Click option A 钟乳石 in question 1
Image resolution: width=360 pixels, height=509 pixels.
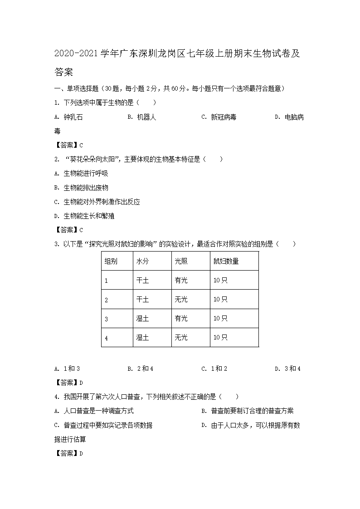click(68, 117)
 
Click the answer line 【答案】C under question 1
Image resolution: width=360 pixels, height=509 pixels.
click(68, 145)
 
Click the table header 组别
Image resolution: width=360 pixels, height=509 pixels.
click(111, 261)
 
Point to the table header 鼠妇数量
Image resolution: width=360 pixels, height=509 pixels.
click(226, 261)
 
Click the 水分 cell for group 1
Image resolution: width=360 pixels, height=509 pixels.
click(142, 280)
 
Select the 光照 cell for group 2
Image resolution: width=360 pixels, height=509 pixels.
click(181, 299)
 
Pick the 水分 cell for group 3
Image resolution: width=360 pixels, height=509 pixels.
click(142, 318)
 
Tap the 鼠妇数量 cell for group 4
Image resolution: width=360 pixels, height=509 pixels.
click(220, 337)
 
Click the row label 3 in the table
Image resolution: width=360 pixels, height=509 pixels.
click(106, 319)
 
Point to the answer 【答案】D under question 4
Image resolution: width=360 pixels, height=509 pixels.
click(68, 453)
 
